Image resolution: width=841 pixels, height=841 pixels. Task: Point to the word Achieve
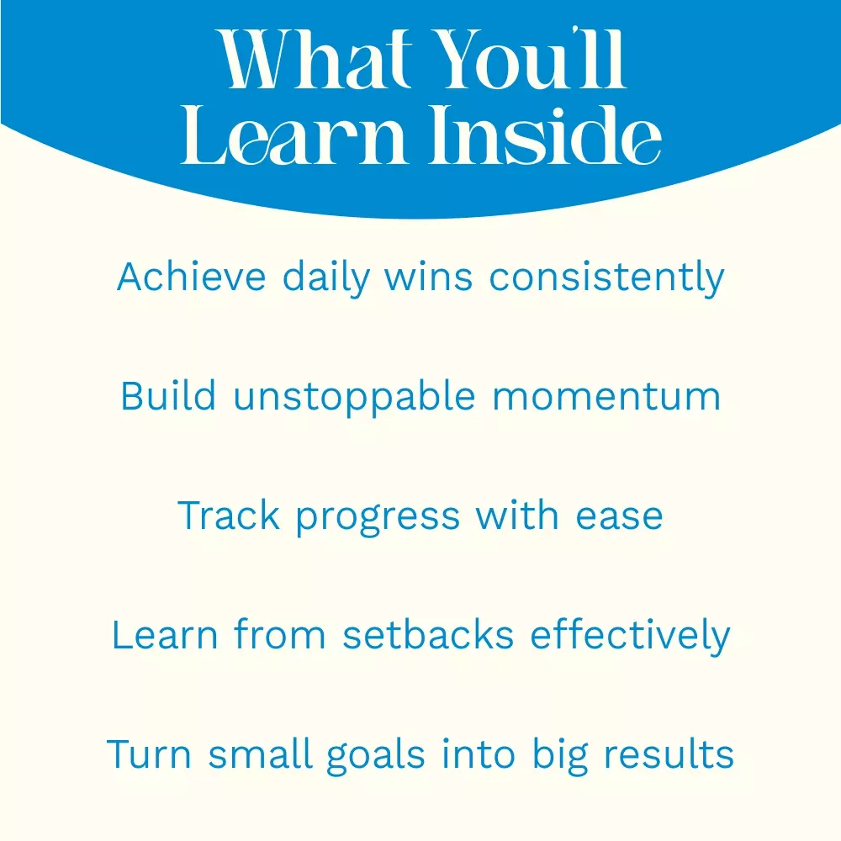192,277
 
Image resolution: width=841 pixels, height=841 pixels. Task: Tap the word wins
429,277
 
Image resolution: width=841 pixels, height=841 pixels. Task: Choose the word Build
168,396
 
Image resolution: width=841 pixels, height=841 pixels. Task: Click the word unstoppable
354,397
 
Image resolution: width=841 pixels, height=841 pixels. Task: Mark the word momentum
606,398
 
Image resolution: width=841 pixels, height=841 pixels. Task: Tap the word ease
620,517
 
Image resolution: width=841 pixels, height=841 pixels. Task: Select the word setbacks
428,634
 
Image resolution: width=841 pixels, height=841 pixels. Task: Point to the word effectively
630,636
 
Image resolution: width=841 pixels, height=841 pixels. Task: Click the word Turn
149,754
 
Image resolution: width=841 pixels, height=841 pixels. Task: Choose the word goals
376,755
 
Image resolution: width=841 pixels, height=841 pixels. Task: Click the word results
669,754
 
